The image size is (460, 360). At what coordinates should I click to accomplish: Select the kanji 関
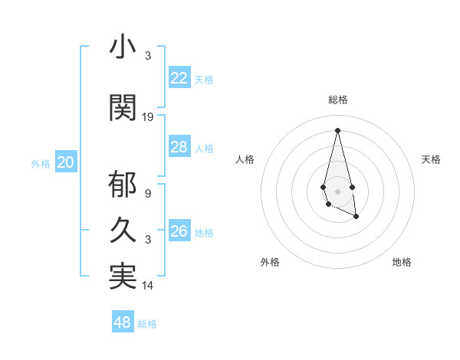(x=123, y=107)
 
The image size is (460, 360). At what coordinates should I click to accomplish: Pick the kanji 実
(x=123, y=277)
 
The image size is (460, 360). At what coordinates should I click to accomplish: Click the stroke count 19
(x=148, y=117)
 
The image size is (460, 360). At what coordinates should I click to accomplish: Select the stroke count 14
(x=148, y=286)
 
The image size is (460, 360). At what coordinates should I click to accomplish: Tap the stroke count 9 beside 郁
(x=147, y=194)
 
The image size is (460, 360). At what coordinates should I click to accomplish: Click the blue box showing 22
(x=179, y=77)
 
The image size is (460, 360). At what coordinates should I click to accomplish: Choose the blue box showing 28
(x=179, y=147)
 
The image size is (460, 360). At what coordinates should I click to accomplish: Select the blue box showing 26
(x=179, y=231)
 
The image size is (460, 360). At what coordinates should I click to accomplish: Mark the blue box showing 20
(x=66, y=162)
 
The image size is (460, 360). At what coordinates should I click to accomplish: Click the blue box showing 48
(x=122, y=322)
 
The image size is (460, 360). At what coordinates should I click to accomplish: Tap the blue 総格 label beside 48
(x=147, y=324)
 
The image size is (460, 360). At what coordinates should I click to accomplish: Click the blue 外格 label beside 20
(x=41, y=163)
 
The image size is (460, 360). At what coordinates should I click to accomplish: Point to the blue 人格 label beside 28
(x=204, y=149)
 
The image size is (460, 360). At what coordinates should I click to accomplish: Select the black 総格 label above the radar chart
(x=337, y=100)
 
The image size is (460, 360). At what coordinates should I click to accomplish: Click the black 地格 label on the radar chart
(x=402, y=262)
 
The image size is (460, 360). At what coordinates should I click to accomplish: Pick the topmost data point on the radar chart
(x=337, y=129)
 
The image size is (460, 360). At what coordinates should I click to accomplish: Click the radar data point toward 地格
(x=356, y=217)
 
